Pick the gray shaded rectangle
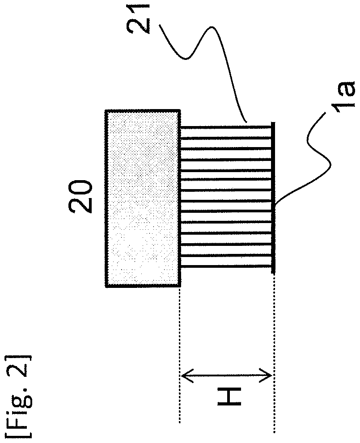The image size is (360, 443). pyautogui.click(x=143, y=198)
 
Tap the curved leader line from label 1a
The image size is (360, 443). pyautogui.click(x=313, y=161)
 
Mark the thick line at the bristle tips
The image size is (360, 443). pyautogui.click(x=273, y=197)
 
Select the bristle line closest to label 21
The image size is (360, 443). pyautogui.click(x=226, y=127)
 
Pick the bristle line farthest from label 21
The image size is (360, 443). pyautogui.click(x=226, y=266)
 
